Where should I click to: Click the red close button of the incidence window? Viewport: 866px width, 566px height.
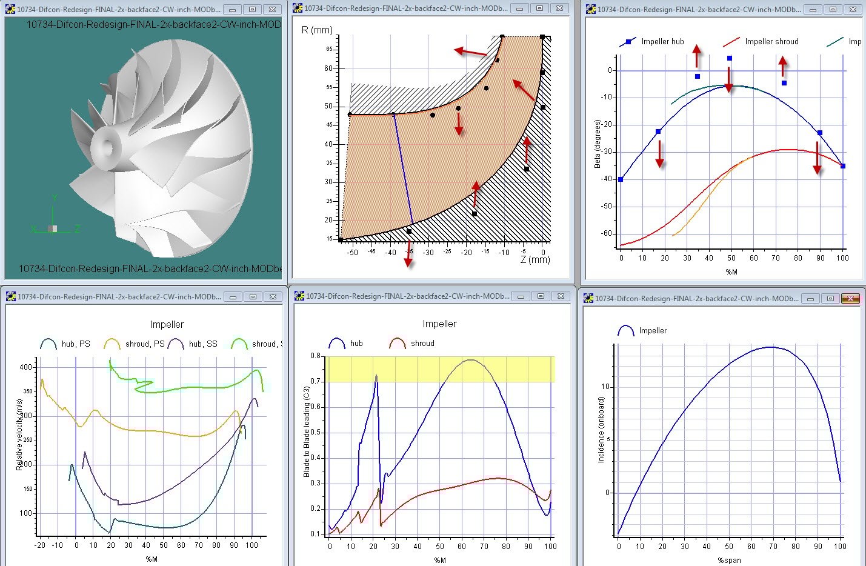click(850, 298)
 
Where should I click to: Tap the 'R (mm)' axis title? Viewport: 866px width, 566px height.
click(317, 30)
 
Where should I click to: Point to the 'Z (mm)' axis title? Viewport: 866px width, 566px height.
click(535, 259)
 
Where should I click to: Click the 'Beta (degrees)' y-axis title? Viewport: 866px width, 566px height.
click(598, 144)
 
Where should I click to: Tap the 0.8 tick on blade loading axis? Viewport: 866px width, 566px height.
click(316, 356)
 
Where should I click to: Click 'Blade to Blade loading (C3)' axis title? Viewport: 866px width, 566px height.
click(307, 431)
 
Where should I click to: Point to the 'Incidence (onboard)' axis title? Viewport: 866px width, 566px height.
click(601, 430)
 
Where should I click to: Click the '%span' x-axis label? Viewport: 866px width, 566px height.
click(729, 560)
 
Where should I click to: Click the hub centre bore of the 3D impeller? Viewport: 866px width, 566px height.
click(109, 145)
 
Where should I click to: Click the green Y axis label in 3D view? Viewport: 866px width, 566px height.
click(55, 198)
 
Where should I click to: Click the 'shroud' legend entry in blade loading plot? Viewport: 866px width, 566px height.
click(422, 344)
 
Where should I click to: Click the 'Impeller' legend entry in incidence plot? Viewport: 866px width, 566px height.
click(652, 331)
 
